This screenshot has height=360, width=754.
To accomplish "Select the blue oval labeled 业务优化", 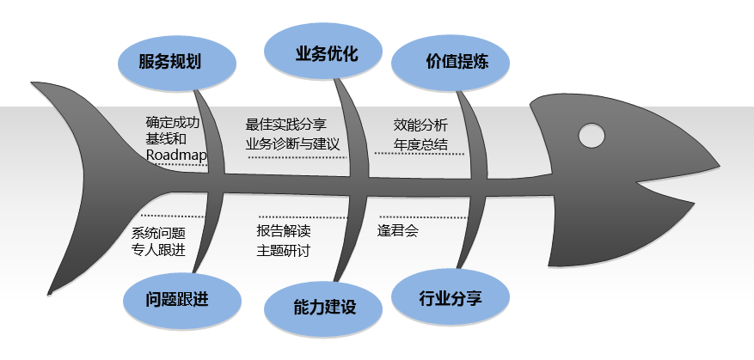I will point(326,53).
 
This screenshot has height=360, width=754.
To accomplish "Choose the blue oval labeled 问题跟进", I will point(177,299).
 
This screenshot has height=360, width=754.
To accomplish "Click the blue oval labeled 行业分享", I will point(451,299).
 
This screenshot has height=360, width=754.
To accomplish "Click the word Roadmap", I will point(176,155).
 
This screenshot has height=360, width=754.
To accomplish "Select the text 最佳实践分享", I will point(285,124).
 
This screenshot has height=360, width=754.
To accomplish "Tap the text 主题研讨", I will point(283,251).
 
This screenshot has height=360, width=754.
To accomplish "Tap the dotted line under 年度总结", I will point(420,154).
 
